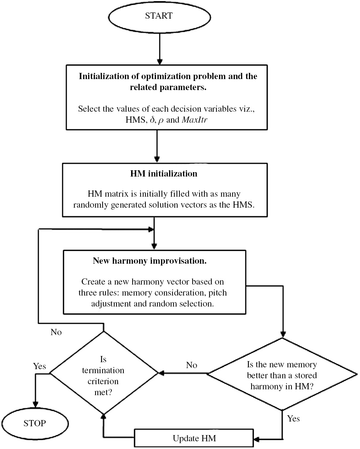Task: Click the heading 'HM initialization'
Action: tap(163, 174)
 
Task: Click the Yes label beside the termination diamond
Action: tap(40, 366)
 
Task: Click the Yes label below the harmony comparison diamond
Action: tap(293, 418)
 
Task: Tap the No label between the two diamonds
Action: tap(192, 365)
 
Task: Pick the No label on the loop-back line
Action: tap(56, 332)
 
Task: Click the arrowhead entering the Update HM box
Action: tap(257, 438)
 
